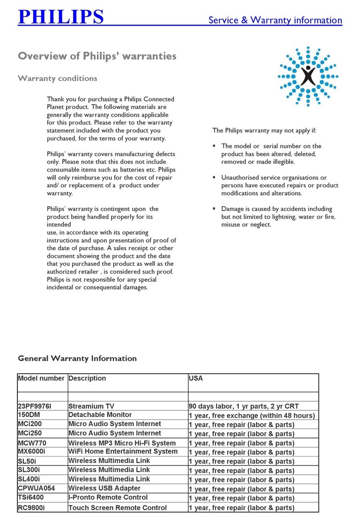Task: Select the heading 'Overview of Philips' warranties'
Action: (x=97, y=57)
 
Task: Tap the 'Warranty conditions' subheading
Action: (x=57, y=78)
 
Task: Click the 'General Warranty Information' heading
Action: (x=77, y=358)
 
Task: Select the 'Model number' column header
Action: (x=41, y=378)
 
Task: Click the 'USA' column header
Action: (x=196, y=378)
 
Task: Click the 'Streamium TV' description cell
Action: (x=91, y=406)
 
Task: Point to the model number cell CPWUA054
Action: (x=37, y=489)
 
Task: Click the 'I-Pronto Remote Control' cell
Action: (x=108, y=498)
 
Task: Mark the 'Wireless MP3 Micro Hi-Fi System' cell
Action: (x=122, y=443)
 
